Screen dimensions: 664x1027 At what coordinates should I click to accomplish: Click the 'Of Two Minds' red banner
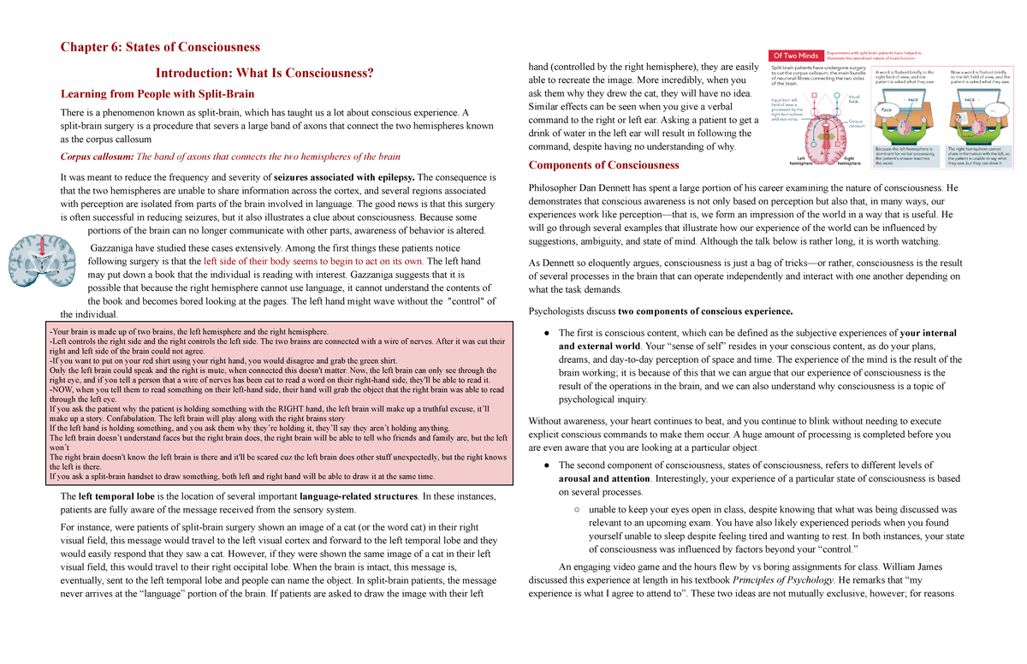pyautogui.click(x=797, y=56)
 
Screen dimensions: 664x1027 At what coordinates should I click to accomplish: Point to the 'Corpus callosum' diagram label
pyautogui.click(x=856, y=125)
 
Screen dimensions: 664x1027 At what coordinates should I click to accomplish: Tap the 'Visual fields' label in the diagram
pyautogui.click(x=853, y=100)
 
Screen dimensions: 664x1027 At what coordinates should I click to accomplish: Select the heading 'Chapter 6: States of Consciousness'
pyautogui.click(x=159, y=46)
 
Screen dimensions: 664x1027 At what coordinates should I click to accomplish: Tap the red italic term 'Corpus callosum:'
pyautogui.click(x=97, y=157)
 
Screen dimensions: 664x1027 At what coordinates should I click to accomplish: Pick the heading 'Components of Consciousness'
pyautogui.click(x=604, y=165)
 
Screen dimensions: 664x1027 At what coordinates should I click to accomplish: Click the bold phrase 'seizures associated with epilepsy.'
pyautogui.click(x=345, y=177)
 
